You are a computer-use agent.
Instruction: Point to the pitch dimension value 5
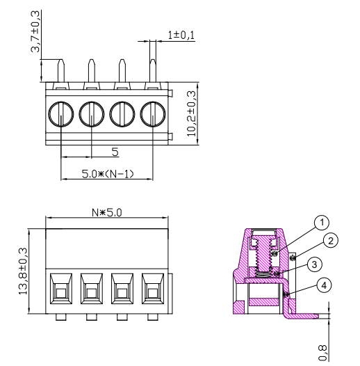point(115,151)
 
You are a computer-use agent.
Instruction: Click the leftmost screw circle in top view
point(61,113)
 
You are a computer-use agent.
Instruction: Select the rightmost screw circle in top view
point(153,113)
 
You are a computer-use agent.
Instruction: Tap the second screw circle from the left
point(92,113)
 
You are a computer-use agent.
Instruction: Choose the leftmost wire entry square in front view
point(61,287)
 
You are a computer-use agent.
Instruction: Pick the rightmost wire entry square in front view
point(153,287)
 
